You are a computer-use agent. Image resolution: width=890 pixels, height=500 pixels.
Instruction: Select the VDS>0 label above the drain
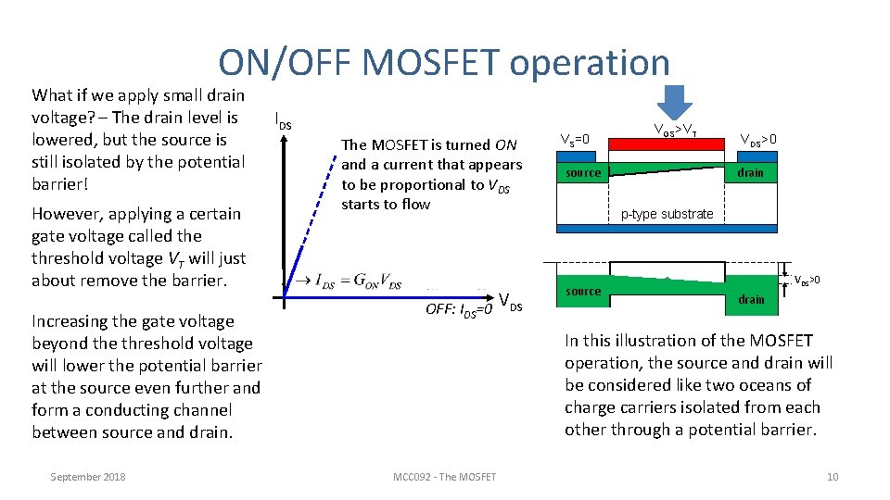[x=757, y=140]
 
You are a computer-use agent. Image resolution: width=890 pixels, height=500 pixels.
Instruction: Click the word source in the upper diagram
[x=583, y=173]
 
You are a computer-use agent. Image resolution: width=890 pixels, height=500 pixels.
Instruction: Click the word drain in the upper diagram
[x=750, y=173]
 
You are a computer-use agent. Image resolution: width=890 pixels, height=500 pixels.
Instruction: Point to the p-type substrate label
[x=667, y=214]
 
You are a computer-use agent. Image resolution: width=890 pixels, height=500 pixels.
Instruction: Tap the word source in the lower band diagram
[x=583, y=291]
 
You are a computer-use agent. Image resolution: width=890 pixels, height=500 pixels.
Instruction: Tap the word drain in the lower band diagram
[x=751, y=299]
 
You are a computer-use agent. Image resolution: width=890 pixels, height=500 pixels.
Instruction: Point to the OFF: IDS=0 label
[x=459, y=309]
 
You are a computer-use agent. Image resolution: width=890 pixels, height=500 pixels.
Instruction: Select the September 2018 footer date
[x=88, y=477]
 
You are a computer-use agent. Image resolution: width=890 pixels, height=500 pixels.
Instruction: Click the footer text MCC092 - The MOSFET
[x=444, y=477]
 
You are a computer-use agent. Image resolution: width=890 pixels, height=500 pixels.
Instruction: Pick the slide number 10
[x=832, y=477]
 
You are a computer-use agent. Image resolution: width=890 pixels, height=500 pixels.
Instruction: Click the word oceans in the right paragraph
[x=781, y=385]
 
